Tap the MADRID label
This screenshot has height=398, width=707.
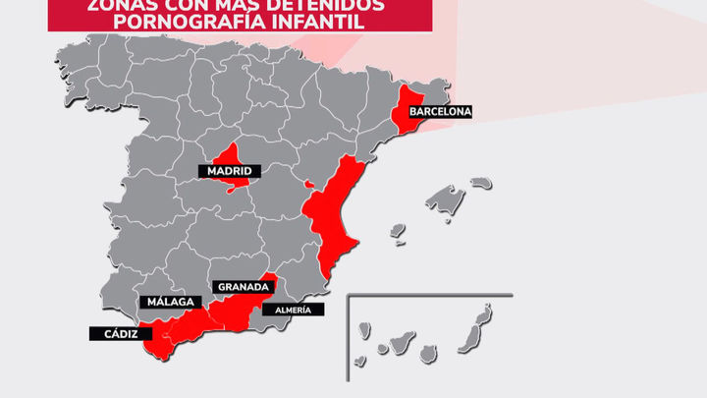click(228, 172)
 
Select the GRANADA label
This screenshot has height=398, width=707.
click(244, 287)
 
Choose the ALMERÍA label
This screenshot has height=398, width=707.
click(293, 310)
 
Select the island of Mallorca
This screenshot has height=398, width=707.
click(446, 202)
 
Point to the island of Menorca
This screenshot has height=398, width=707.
click(480, 183)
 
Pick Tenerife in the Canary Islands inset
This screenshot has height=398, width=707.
click(401, 344)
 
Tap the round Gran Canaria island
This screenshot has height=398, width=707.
click(428, 352)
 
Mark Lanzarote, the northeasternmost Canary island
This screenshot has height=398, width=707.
click(485, 313)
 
